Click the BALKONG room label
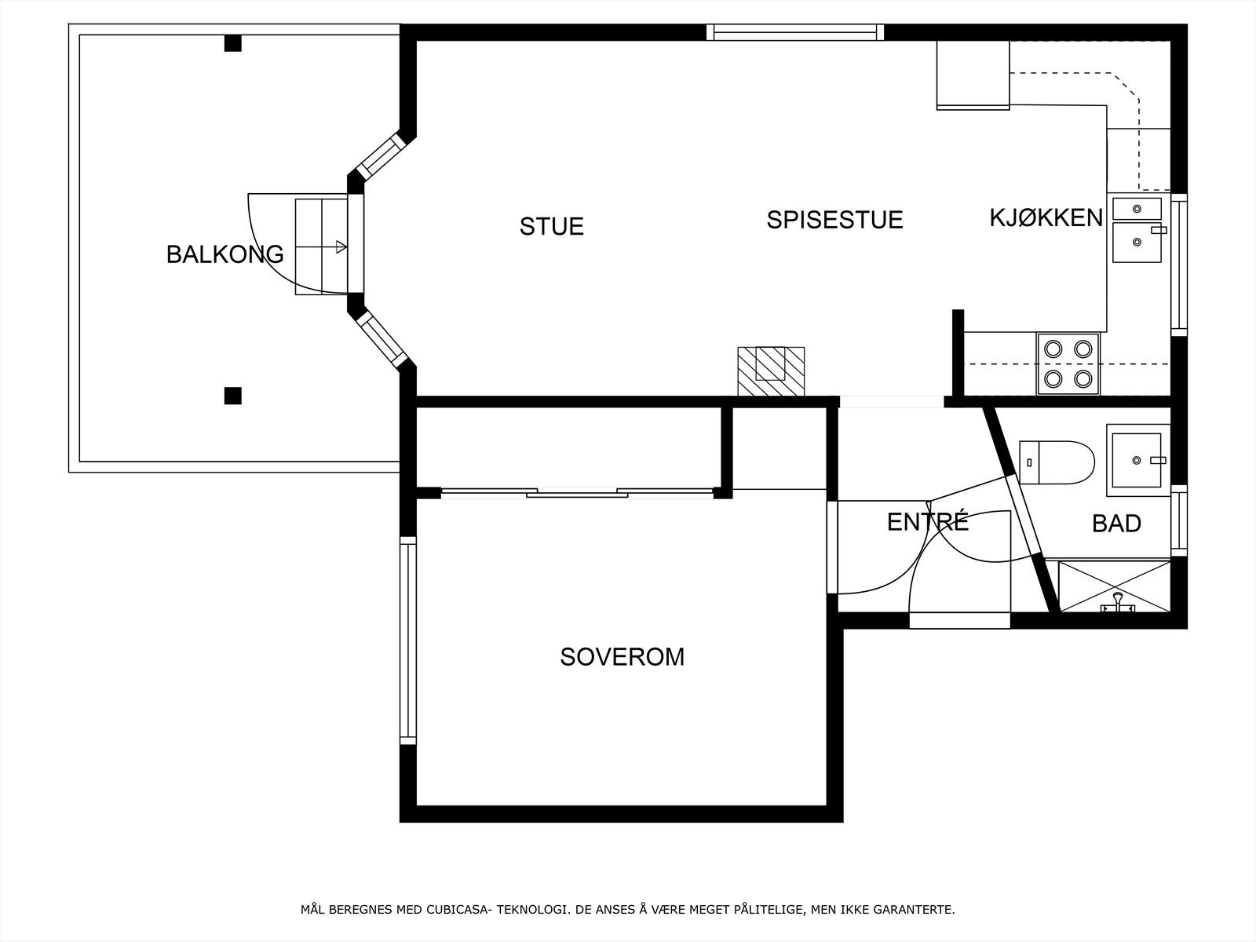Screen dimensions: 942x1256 coord(225,254)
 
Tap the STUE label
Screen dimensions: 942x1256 coord(551,227)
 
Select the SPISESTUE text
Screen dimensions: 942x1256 coord(834,220)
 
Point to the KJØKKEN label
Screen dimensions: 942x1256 coord(1046,217)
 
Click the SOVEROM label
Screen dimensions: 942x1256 coord(622,657)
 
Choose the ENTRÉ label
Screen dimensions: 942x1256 coord(927,522)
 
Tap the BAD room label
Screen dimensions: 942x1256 coord(1116,524)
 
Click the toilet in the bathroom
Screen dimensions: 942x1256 coord(1057,462)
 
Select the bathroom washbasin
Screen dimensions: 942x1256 coord(1137,461)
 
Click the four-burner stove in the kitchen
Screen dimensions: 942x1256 coord(1068,363)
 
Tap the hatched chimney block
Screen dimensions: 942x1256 coord(771,371)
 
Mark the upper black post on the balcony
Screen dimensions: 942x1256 coord(232,43)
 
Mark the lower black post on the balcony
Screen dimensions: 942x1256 coord(232,396)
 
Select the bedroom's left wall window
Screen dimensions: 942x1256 coord(407,640)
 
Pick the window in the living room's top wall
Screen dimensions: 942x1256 coord(795,32)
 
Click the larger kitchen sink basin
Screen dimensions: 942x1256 coord(1136,243)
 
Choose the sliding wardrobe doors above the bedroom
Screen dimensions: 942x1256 coord(577,493)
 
